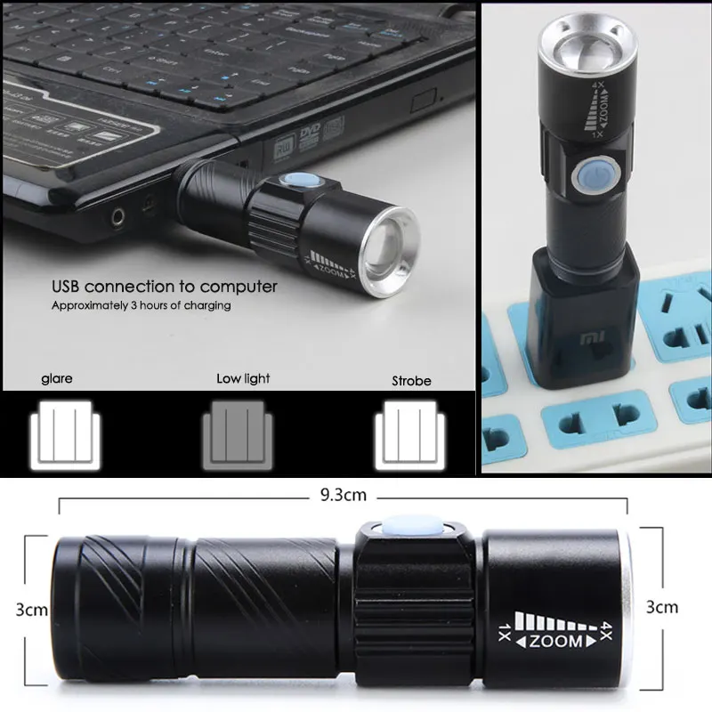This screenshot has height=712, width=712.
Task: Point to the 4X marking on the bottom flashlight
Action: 610,627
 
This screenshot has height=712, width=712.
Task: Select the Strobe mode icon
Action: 410,433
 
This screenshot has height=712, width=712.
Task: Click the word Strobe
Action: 411,381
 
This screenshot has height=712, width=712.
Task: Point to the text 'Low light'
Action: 243,378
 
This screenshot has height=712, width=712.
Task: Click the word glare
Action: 57,378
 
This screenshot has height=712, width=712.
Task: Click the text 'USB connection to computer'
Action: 164,287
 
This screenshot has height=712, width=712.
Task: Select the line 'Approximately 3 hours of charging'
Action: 141,305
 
